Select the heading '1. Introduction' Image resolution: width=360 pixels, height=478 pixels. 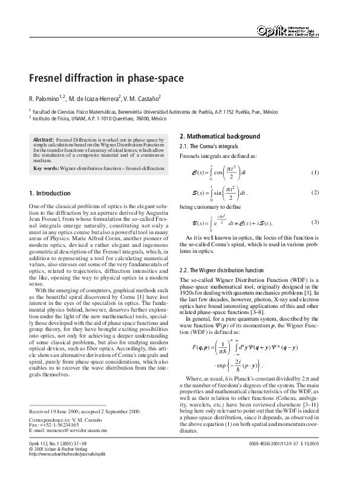coord(50,193)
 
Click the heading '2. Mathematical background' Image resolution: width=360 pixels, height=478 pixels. coord(220,136)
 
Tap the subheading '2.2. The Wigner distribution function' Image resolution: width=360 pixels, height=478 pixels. coord(222,270)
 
